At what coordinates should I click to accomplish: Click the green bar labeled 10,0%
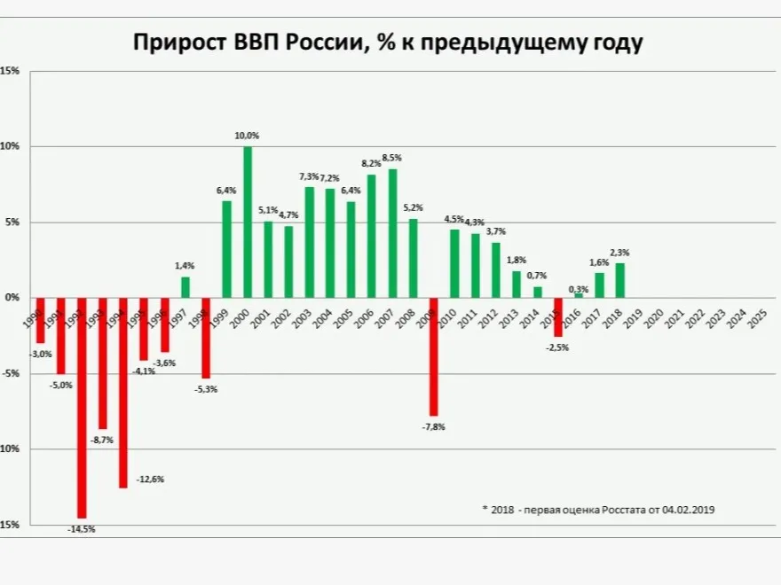click(248, 222)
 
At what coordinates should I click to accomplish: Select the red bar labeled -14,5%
click(82, 408)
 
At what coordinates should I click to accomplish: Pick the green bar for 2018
click(620, 280)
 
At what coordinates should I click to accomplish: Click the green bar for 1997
click(185, 287)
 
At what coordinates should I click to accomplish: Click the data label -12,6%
click(150, 480)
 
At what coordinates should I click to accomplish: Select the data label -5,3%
click(205, 389)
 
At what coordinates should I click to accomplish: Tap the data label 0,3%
click(579, 289)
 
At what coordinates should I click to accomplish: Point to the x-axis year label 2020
click(655, 316)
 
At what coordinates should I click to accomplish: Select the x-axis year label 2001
click(263, 316)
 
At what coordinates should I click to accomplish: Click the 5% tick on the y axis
click(10, 222)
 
